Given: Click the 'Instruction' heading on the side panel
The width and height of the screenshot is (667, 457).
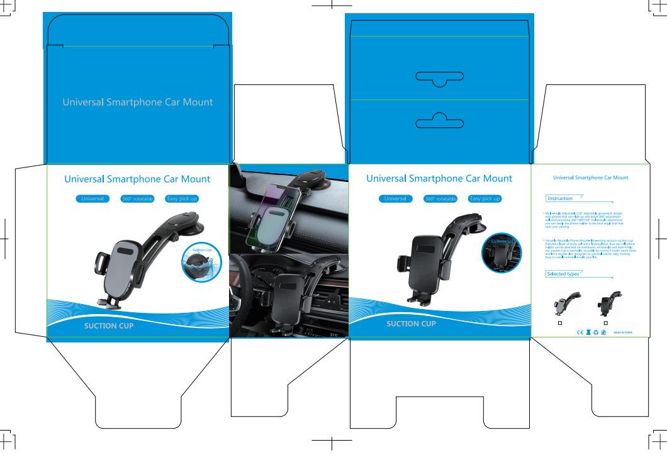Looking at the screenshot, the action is pos(559,198).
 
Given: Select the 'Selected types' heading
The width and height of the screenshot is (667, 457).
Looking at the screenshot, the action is pos(563,274).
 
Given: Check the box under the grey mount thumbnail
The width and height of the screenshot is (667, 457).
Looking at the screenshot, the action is pos(560,323).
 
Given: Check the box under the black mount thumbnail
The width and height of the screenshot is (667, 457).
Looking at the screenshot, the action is pos(605,323).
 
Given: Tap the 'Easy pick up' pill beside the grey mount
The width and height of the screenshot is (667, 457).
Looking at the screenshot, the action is pos(182,199).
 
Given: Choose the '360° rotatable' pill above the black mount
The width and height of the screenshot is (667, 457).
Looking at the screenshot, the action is pos(440,199).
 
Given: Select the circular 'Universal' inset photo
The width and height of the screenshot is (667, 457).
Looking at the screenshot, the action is pos(502,252).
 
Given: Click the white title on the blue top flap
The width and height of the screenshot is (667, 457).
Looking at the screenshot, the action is pos(137,102).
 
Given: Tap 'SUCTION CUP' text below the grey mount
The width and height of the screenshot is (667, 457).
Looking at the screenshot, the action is pos(109,326).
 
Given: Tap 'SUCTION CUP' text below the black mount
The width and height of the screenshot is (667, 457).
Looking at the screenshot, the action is pos(411,324).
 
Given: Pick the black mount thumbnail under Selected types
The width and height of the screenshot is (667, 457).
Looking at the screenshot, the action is pos(608,303).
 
